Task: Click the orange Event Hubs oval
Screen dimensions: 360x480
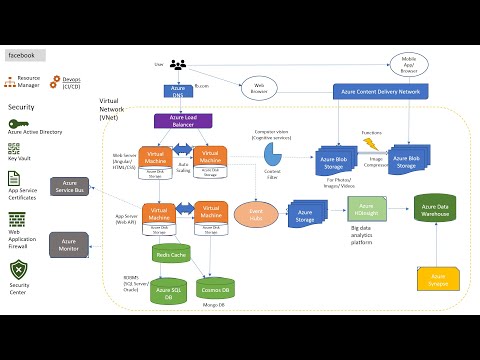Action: tap(256, 213)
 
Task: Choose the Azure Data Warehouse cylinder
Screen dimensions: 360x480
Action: tap(436, 209)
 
